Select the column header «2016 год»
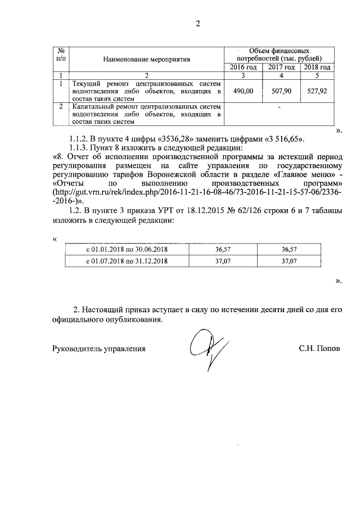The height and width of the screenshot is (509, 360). tap(244, 67)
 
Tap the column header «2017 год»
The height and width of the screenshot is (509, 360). tap(281, 67)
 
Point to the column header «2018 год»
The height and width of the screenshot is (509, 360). tap(317, 67)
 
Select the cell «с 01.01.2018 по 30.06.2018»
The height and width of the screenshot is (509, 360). tap(127, 249)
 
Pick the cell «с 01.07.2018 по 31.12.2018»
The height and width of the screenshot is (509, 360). tap(127, 262)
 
